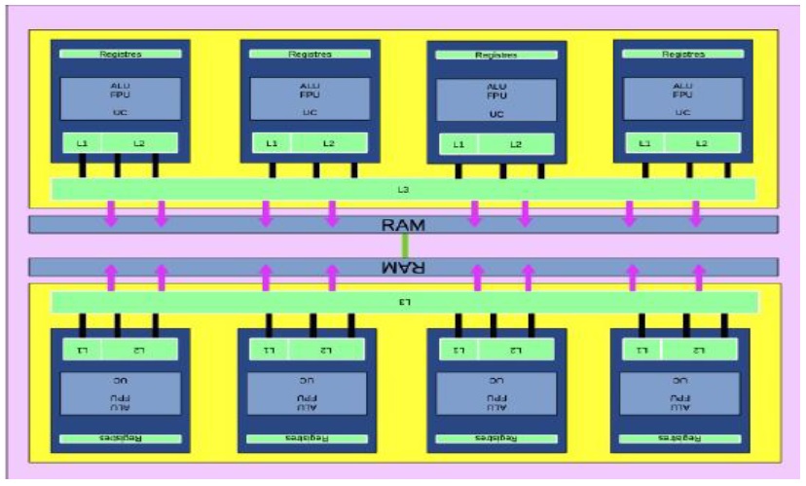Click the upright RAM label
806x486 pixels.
click(404, 225)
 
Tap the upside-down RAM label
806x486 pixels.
click(404, 266)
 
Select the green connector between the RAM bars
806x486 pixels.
click(404, 245)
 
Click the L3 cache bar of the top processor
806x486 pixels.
click(403, 188)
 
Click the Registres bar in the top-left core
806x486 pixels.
click(121, 55)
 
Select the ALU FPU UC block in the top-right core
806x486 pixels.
click(683, 99)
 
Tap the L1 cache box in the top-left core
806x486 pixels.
click(83, 143)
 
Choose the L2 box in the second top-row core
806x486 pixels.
click(329, 143)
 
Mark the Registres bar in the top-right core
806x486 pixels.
click(683, 55)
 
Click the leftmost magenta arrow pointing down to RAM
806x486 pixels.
click(112, 212)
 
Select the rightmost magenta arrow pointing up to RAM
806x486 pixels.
click(698, 278)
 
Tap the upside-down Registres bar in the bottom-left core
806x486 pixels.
click(119, 439)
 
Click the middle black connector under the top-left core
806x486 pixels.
click(118, 166)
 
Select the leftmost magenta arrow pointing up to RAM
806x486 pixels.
click(112, 278)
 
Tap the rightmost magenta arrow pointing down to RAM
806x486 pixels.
click(695, 212)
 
